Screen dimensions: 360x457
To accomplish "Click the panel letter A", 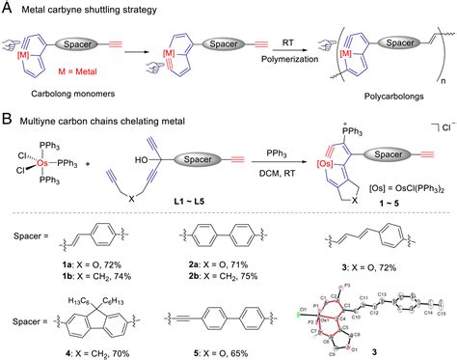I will [7, 8].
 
